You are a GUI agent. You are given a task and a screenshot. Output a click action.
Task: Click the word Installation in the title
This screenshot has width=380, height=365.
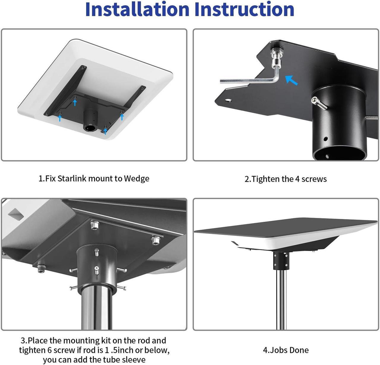pyautogui.click(x=137, y=9)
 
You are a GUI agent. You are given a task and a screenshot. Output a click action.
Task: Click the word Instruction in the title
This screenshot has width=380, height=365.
pyautogui.click(x=244, y=9)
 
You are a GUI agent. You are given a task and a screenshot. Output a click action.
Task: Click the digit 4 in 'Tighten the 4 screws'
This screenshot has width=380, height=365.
pyautogui.click(x=297, y=179)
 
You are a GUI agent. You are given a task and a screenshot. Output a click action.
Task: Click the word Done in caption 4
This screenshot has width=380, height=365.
pyautogui.click(x=299, y=350)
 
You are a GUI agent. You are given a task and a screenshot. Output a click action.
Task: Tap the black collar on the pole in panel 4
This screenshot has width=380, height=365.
pyautogui.click(x=281, y=260)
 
